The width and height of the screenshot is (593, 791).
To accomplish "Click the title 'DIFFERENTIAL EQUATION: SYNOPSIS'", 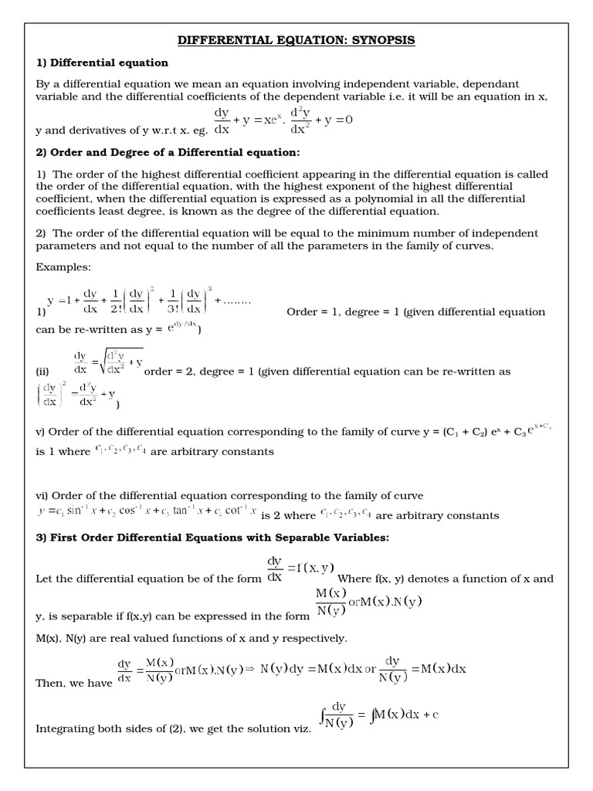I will (x=296, y=40).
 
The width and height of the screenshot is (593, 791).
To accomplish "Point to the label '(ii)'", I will (x=43, y=372).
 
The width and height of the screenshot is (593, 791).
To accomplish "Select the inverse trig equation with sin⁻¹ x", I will (x=147, y=512).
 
